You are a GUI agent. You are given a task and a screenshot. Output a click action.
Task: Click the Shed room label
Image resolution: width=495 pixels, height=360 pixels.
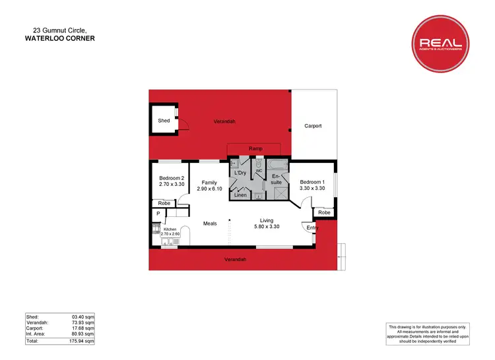point(164,121)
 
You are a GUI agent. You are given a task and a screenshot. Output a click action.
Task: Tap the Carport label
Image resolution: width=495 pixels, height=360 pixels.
point(313,125)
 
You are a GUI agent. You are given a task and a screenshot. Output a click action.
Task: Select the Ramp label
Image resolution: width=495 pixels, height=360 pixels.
point(256,148)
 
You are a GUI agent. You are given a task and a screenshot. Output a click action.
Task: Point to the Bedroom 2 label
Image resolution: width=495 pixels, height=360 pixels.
point(172,178)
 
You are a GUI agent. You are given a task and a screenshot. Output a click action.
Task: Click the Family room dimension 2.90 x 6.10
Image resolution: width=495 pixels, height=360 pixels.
point(210,189)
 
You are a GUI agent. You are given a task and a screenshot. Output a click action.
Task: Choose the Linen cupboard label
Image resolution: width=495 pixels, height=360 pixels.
point(241,195)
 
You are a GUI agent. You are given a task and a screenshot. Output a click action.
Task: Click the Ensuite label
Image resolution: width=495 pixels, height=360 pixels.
point(277,179)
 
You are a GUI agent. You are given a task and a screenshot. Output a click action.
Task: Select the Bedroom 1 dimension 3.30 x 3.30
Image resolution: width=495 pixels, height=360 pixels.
point(312,189)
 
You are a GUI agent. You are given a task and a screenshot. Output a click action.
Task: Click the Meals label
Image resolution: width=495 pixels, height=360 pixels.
point(210,224)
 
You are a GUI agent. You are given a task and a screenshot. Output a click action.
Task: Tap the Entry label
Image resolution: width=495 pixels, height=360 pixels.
point(312,228)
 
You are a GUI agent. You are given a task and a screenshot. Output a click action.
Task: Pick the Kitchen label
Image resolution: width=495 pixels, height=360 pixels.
point(170,229)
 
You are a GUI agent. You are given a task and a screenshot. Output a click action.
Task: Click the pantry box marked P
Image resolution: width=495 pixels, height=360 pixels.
point(158,214)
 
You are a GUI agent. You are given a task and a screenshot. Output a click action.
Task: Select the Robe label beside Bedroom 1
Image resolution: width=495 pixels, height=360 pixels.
point(324,212)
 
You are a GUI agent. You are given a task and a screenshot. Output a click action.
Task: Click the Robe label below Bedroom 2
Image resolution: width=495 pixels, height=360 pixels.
point(164,203)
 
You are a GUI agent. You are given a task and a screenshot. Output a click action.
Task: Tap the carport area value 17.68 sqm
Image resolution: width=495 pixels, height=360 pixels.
point(84,328)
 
